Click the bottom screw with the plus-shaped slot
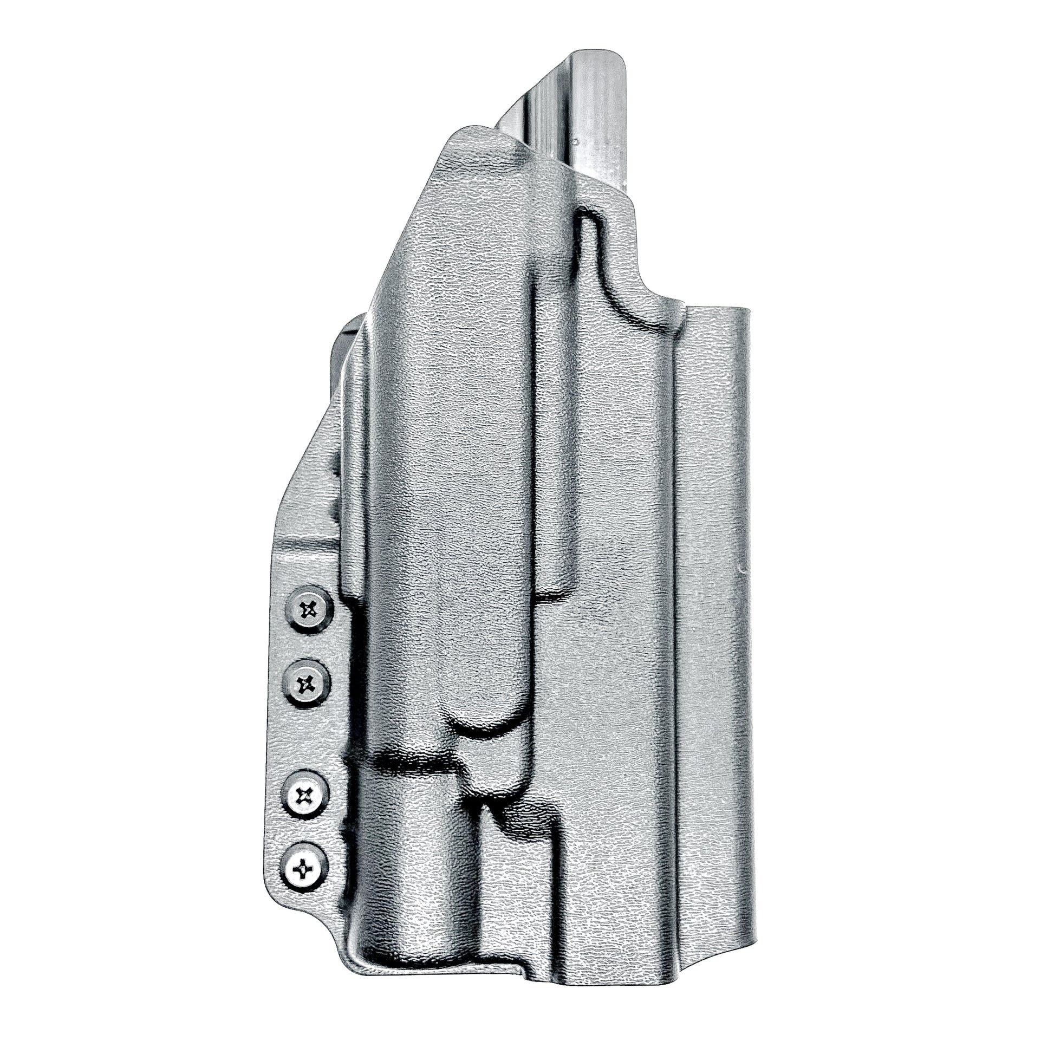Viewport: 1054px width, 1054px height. coord(304,867)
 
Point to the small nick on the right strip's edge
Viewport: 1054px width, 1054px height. coord(740,571)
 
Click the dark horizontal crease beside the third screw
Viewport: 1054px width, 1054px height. coord(415,766)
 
